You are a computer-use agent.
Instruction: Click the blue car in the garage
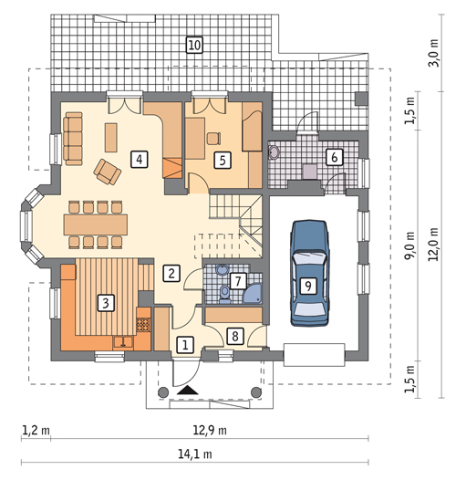(x=309, y=273)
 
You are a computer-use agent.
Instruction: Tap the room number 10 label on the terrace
(x=194, y=46)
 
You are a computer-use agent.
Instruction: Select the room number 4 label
(x=140, y=159)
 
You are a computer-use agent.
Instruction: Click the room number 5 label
(x=223, y=160)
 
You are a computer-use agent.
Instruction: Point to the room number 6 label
(x=334, y=157)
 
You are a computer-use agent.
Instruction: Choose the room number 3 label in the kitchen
(x=106, y=303)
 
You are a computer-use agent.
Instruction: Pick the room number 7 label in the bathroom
(x=238, y=281)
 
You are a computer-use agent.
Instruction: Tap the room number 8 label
(x=235, y=336)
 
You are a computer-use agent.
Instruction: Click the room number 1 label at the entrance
(x=185, y=345)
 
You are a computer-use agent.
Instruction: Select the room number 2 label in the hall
(x=171, y=273)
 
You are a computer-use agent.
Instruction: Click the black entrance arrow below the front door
(x=188, y=390)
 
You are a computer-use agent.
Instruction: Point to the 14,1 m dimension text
(x=195, y=454)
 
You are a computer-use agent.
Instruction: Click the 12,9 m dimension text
(x=210, y=431)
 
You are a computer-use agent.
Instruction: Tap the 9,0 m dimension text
(x=410, y=245)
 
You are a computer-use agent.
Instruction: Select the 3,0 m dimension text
(x=434, y=53)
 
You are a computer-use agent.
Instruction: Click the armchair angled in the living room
(x=107, y=172)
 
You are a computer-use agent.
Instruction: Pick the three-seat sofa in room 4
(x=73, y=139)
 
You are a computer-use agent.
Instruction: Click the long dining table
(x=96, y=224)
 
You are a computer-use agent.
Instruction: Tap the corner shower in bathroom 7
(x=253, y=294)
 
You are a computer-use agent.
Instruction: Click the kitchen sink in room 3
(x=123, y=341)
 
